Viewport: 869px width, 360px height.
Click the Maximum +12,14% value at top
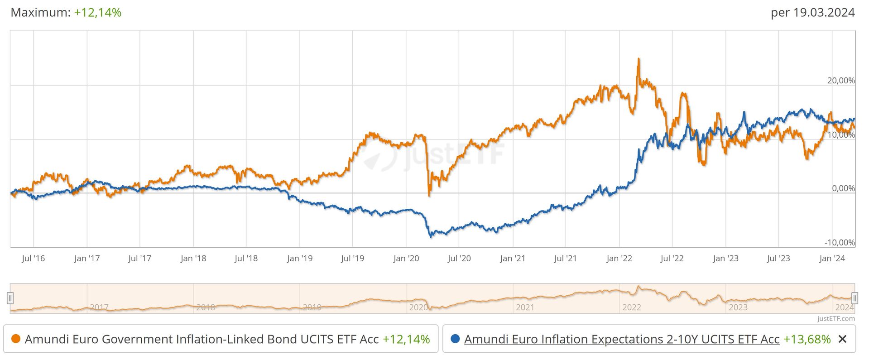pos(97,12)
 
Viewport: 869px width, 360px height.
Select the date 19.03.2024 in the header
pos(824,12)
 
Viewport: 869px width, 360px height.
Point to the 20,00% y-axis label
pos(841,81)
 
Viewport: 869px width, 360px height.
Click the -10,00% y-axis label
pos(840,242)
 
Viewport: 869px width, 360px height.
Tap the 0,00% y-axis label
pos(843,188)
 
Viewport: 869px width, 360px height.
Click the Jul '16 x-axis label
pos(34,259)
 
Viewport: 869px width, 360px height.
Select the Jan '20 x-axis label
pos(406,259)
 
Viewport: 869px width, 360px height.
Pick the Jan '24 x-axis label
pos(832,259)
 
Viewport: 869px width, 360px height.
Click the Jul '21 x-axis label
pos(566,259)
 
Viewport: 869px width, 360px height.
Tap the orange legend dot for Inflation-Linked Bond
pos(16,339)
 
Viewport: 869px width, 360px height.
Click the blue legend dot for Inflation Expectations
pos(455,339)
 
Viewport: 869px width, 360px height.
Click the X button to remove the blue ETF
pos(842,339)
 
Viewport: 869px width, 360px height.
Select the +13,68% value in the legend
pos(807,339)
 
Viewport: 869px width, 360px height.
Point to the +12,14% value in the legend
pos(406,339)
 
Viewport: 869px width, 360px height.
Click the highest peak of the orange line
pos(639,59)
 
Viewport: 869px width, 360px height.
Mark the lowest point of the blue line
pos(431,237)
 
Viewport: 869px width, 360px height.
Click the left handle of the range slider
pos(10,298)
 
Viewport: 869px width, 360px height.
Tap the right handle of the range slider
pos(855,298)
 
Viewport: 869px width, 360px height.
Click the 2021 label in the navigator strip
pos(525,307)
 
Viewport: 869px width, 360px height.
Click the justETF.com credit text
pos(836,319)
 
